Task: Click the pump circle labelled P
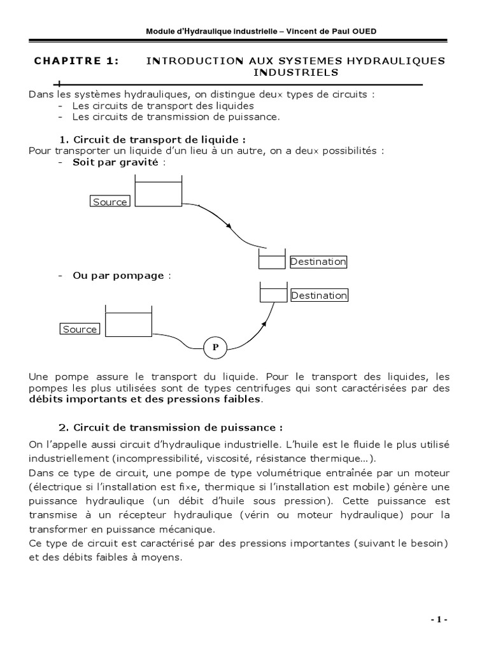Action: click(x=215, y=348)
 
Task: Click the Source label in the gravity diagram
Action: click(x=110, y=202)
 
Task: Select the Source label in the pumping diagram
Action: click(x=80, y=329)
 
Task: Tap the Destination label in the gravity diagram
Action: click(x=318, y=262)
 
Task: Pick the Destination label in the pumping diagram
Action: click(x=319, y=295)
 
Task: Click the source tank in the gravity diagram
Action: click(x=159, y=192)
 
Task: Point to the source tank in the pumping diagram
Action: click(x=128, y=323)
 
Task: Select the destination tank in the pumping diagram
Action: click(x=274, y=293)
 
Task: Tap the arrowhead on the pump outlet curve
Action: click(x=263, y=323)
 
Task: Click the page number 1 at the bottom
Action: click(x=439, y=620)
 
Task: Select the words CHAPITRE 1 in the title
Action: click(x=76, y=61)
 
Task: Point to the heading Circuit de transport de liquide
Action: click(x=159, y=139)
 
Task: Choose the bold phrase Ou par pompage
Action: click(x=118, y=276)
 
